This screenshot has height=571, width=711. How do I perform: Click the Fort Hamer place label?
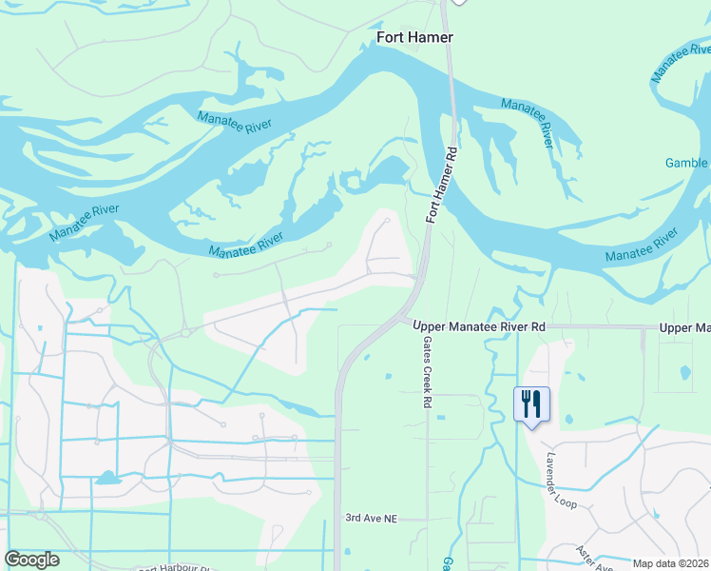coord(414,37)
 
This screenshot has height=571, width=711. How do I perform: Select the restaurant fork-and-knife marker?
coord(530,404)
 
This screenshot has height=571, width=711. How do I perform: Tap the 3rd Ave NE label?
coord(370,518)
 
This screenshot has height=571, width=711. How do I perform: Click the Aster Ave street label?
coord(594,559)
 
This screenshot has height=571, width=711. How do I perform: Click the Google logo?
coord(32,559)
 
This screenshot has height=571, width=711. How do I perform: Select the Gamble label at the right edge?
coord(686,163)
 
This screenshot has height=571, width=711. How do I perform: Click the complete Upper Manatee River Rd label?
coord(479,326)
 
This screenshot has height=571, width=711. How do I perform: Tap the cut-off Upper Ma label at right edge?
coord(684,327)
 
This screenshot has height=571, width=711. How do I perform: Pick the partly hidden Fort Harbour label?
coord(176,568)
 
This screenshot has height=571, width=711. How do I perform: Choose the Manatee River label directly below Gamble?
coord(642,245)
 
